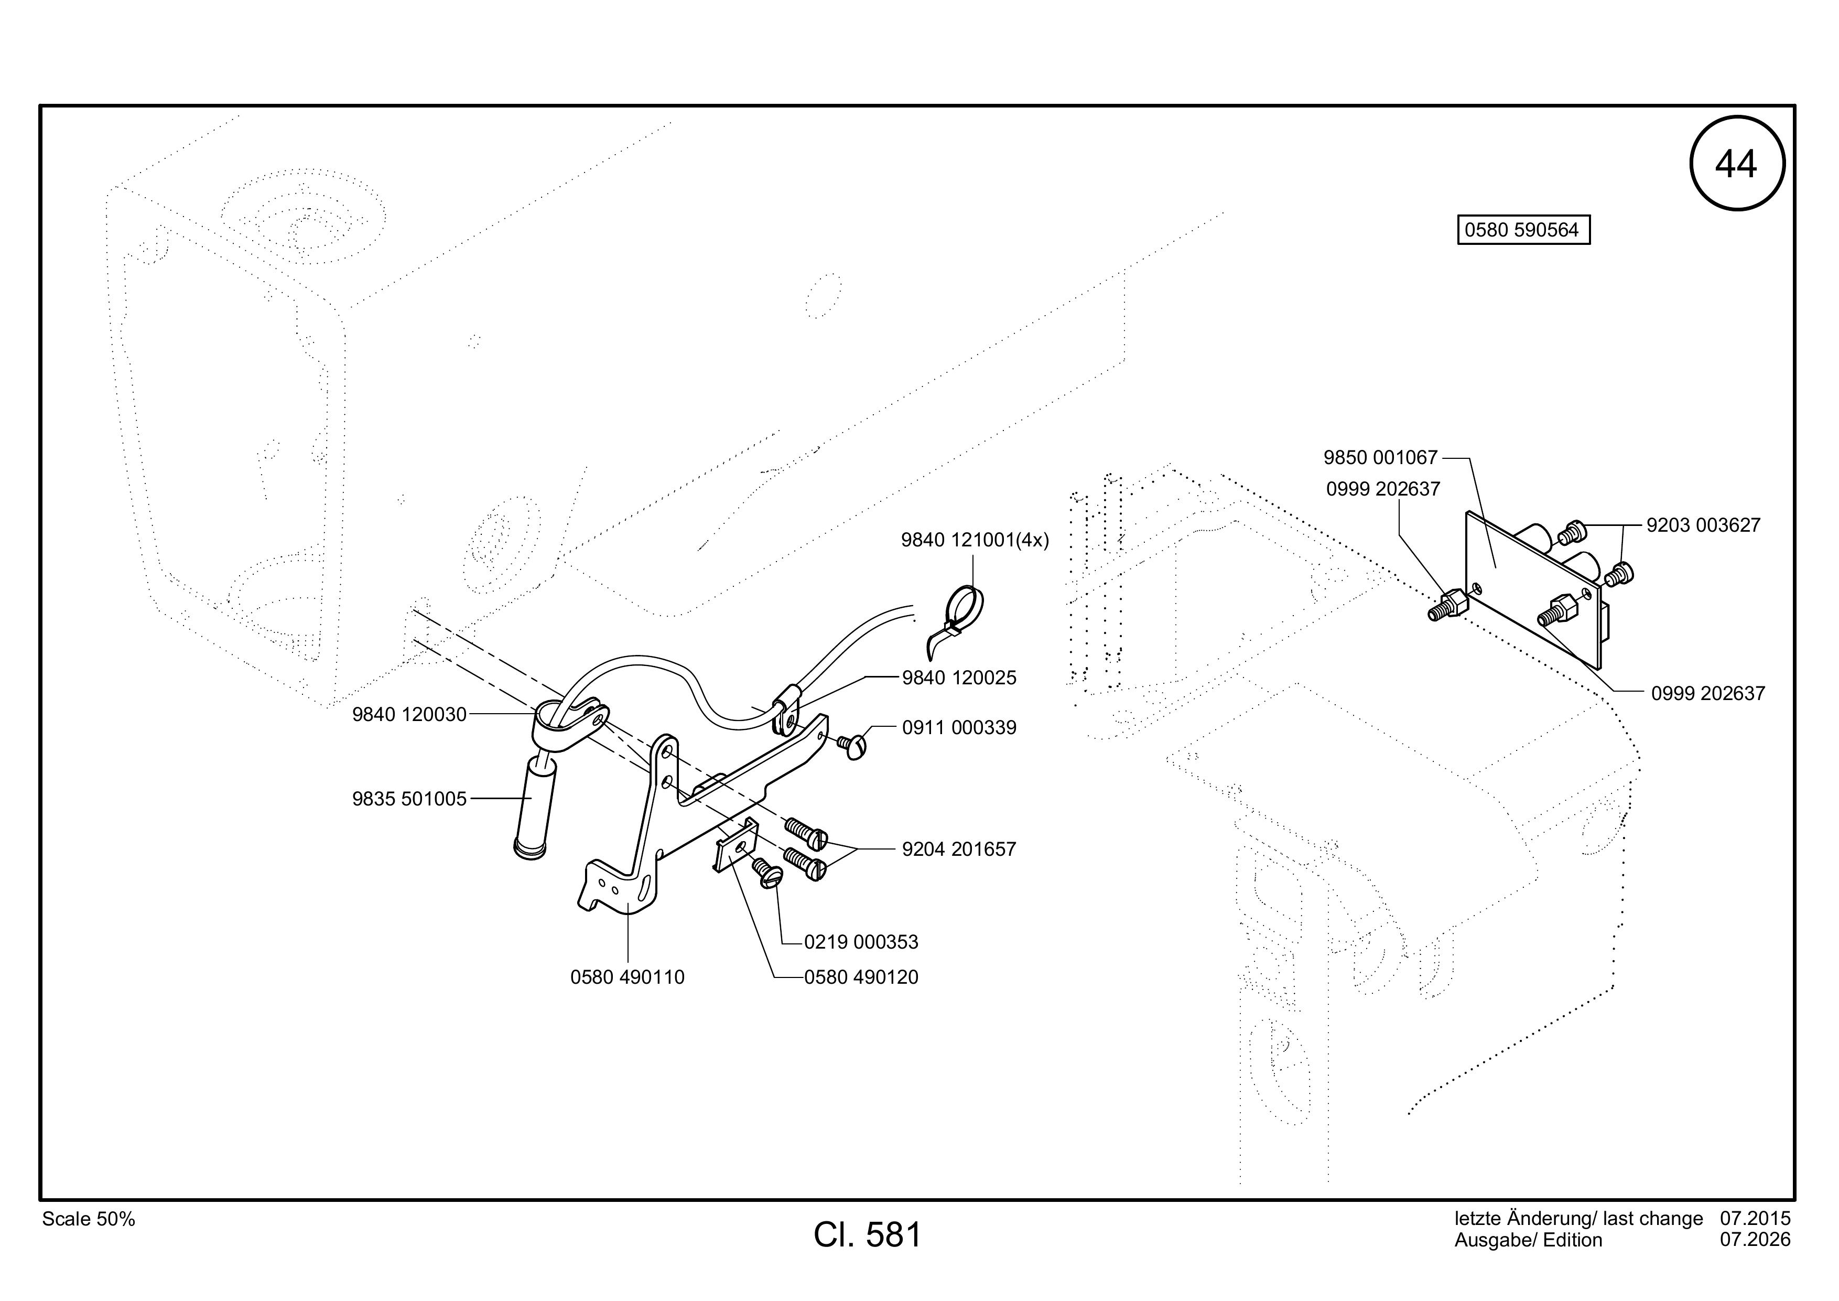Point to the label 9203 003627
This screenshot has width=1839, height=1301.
pyautogui.click(x=1704, y=525)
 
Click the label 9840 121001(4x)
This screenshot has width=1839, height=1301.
pyautogui.click(x=975, y=541)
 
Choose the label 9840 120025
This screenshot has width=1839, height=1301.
pyautogui.click(x=959, y=678)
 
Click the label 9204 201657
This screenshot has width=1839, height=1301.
pyautogui.click(x=959, y=849)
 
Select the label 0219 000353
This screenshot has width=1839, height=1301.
pyautogui.click(x=861, y=942)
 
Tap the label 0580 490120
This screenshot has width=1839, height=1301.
pyautogui.click(x=861, y=977)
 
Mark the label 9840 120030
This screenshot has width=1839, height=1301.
pyautogui.click(x=409, y=715)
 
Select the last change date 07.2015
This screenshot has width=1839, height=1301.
pyautogui.click(x=1755, y=1219)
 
